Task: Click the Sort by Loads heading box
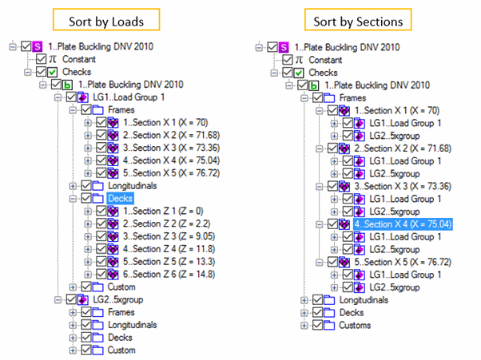106,20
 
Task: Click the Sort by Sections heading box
358,20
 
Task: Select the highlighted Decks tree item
120,198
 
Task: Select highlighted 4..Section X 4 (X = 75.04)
403,224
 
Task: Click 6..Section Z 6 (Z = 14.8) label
169,275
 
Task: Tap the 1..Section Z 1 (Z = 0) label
163,211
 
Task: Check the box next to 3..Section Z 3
101,236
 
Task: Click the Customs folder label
355,325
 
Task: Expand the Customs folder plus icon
304,326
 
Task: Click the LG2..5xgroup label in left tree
117,299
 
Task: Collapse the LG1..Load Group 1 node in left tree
58,97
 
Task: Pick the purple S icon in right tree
284,47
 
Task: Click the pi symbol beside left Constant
53,59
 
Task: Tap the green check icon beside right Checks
299,73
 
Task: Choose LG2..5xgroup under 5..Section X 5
394,287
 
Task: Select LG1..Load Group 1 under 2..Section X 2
405,161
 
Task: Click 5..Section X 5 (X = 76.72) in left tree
171,173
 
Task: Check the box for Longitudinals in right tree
317,299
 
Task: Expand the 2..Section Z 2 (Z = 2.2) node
88,224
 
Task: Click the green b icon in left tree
67,85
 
